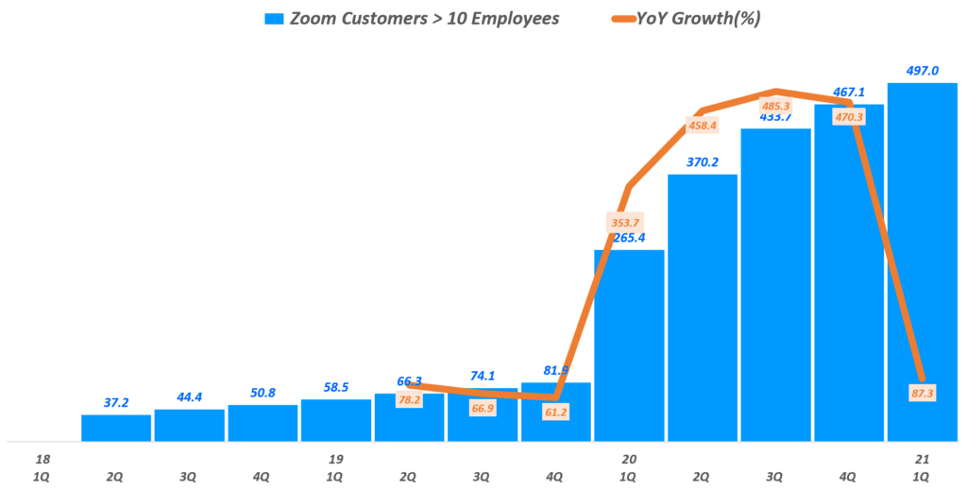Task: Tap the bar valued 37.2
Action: [x=116, y=428]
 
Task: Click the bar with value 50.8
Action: [x=263, y=423]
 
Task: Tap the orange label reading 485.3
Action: [x=775, y=106]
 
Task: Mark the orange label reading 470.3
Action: [x=848, y=117]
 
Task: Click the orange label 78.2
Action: [x=409, y=399]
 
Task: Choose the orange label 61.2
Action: [x=555, y=412]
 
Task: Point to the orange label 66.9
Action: [x=483, y=408]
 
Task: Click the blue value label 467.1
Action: [x=849, y=93]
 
